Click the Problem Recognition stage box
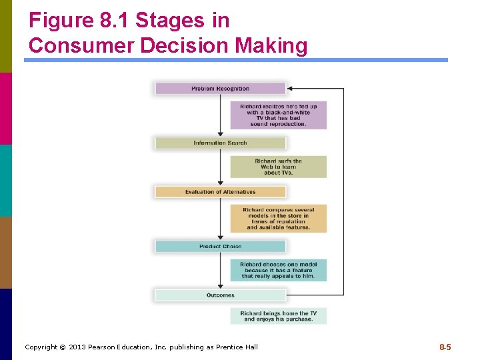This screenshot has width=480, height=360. point(220,88)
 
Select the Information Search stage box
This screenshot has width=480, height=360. point(220,143)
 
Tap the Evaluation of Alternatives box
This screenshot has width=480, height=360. point(220,192)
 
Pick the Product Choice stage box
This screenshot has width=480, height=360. point(220,247)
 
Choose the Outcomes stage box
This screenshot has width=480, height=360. point(220,295)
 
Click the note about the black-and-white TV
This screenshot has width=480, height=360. point(278,115)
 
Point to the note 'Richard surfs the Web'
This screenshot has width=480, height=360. point(278,167)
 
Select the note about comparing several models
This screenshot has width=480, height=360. point(278,219)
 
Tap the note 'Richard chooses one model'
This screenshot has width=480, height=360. point(278,270)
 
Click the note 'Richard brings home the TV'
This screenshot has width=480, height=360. point(278,316)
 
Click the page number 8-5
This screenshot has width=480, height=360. point(445,347)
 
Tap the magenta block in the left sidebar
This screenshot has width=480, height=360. point(6,108)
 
